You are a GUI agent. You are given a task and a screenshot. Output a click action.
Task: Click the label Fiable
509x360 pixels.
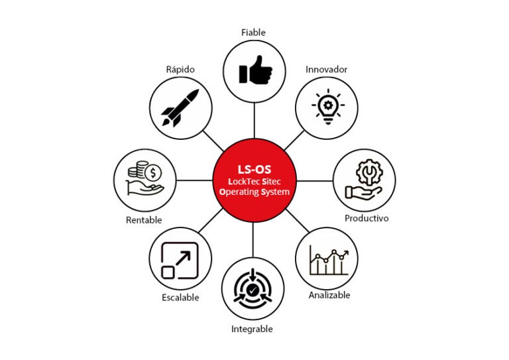click(x=254, y=30)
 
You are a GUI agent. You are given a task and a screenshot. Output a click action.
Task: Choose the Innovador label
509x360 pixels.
click(x=326, y=69)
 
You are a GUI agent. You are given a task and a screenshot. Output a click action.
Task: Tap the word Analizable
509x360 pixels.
click(x=329, y=295)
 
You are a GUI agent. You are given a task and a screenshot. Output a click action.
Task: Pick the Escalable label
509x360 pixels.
click(x=180, y=298)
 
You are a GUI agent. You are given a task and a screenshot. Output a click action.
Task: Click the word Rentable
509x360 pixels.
click(x=144, y=220)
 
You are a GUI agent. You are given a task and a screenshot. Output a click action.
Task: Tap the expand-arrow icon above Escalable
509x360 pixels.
click(x=180, y=261)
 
